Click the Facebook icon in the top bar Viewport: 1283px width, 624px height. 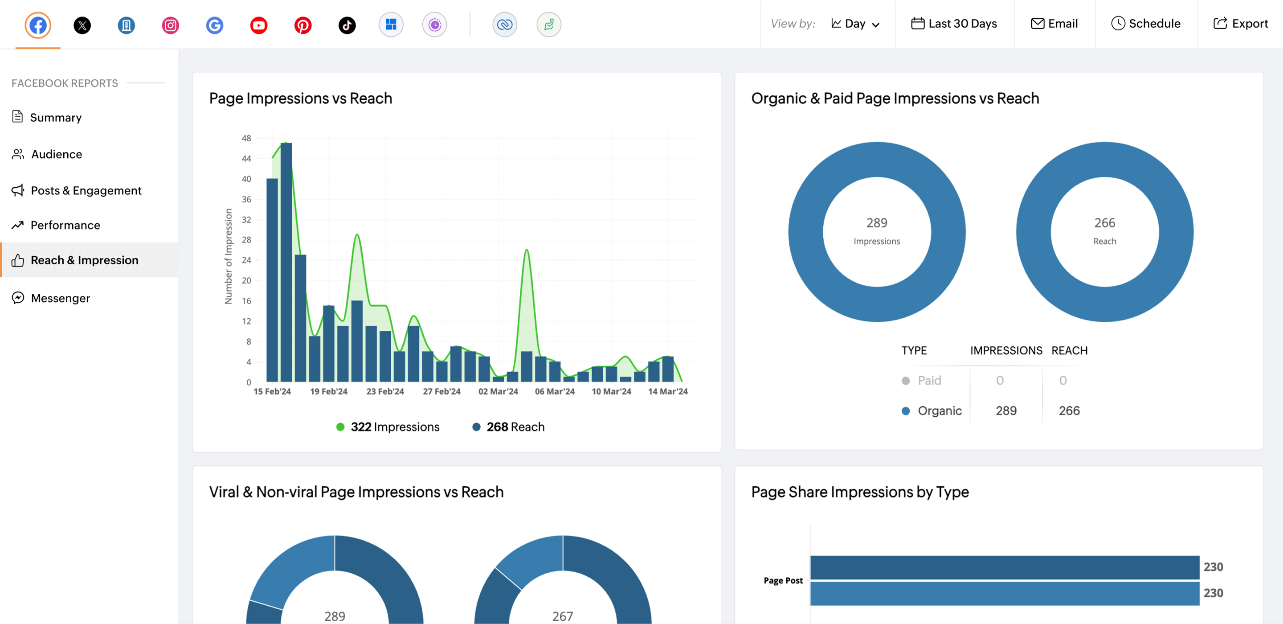[x=38, y=25]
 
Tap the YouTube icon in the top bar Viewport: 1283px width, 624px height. [x=258, y=25]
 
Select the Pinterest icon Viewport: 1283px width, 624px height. [x=303, y=25]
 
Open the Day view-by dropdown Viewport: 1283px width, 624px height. [x=855, y=24]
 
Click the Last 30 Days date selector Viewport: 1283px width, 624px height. [x=954, y=24]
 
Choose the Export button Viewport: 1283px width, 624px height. [x=1240, y=24]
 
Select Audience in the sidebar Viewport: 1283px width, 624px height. [x=56, y=154]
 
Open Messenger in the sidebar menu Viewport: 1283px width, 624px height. [x=60, y=298]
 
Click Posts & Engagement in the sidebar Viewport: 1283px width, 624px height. [x=86, y=190]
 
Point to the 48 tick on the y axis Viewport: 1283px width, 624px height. [x=246, y=138]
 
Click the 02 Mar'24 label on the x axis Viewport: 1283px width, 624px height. [x=498, y=391]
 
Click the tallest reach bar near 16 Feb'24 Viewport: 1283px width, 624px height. [x=286, y=262]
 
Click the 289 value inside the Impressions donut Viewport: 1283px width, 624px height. [x=877, y=223]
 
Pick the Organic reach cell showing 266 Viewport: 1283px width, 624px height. [x=1069, y=411]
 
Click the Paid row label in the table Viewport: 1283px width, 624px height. [x=929, y=380]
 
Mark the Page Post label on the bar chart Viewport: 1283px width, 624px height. [x=783, y=580]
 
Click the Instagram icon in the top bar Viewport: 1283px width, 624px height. [x=170, y=25]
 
